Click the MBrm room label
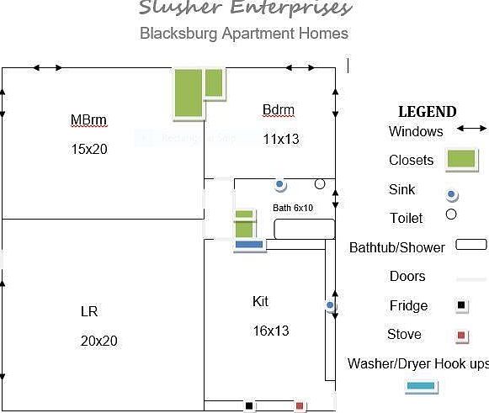89,119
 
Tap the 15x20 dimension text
89,149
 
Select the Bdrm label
279,109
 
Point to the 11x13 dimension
281,139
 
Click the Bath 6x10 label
293,208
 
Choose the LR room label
89,311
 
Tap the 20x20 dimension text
99,341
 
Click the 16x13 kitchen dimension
271,331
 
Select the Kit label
260,301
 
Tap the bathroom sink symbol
279,184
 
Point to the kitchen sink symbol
330,305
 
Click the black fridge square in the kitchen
249,405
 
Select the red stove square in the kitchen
300,405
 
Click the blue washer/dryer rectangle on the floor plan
249,245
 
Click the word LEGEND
428,112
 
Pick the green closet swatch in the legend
461,159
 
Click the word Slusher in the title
180,8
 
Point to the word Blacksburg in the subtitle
178,34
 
